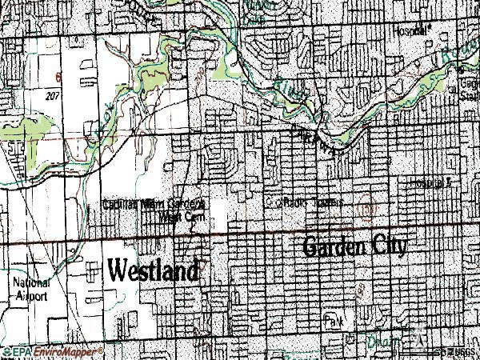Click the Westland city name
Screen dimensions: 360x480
[152, 270]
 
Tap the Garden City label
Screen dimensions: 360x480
[354, 246]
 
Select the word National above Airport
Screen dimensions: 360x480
[30, 283]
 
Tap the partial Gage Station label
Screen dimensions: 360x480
[467, 87]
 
